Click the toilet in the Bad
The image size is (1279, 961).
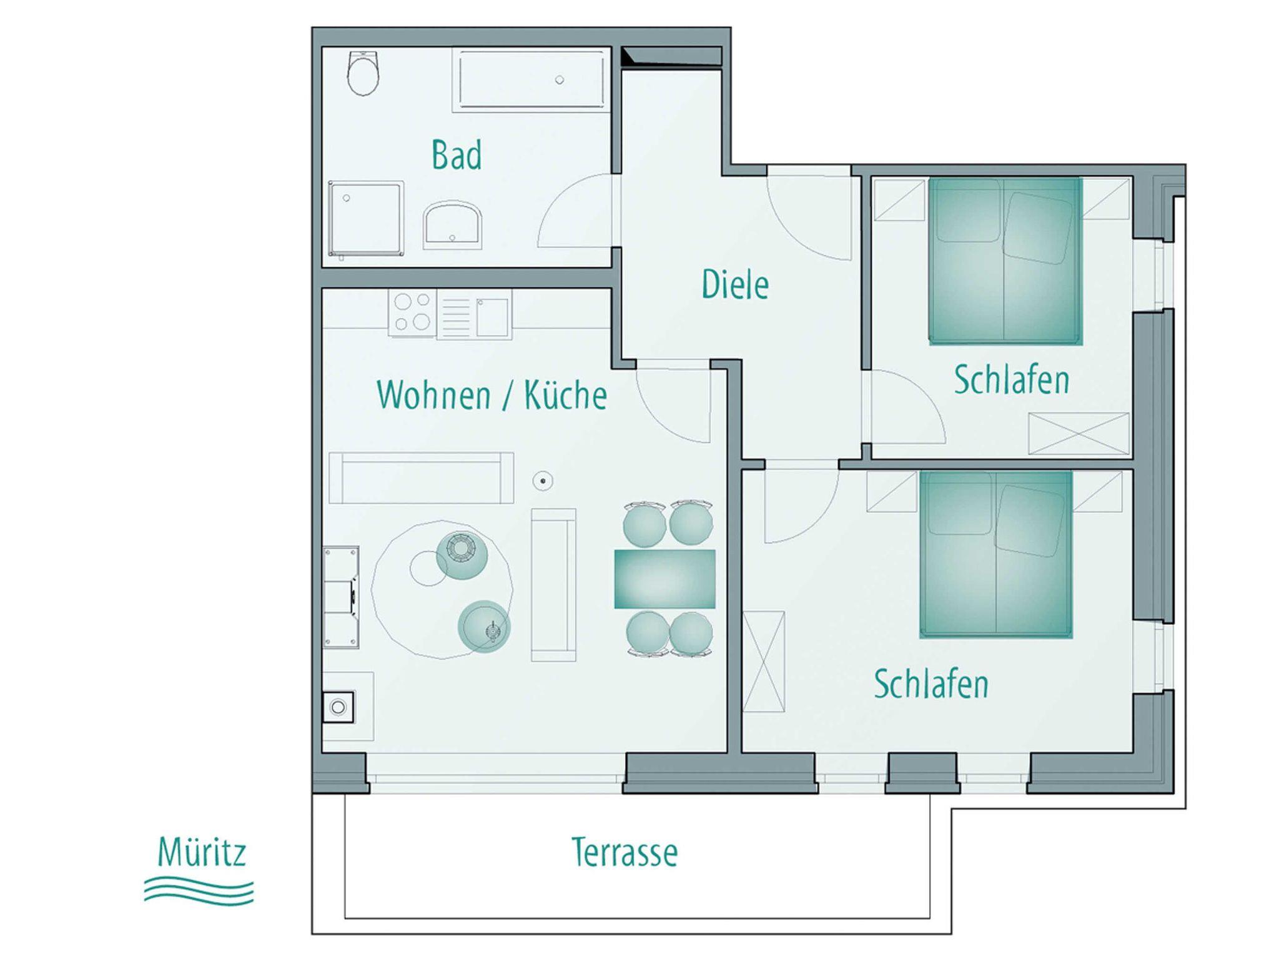(x=363, y=74)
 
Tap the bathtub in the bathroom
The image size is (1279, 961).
(x=531, y=81)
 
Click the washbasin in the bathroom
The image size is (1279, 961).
(x=453, y=224)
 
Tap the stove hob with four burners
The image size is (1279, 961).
(x=412, y=312)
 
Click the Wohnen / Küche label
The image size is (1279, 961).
(x=491, y=395)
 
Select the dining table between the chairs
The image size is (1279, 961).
(x=665, y=579)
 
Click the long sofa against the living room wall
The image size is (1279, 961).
(x=422, y=478)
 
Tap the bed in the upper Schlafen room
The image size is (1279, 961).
(x=1005, y=261)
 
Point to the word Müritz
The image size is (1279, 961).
(x=202, y=852)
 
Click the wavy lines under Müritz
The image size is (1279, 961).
(x=199, y=890)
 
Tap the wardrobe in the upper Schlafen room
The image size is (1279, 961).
(x=1079, y=433)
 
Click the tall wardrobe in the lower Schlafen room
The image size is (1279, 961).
(x=764, y=661)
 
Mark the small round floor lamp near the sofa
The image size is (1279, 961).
(x=543, y=480)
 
